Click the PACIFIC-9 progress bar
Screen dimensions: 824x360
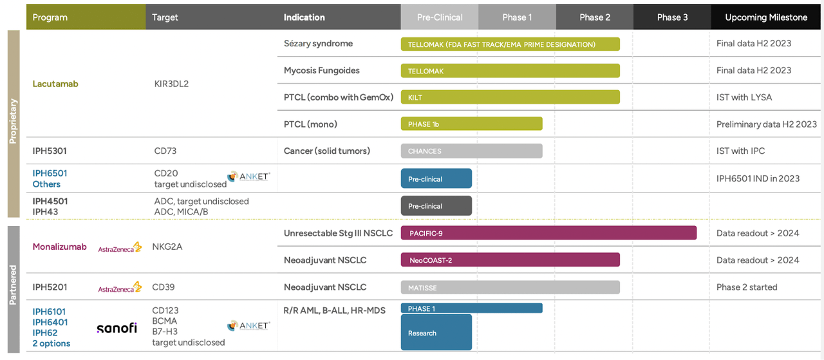[x=548, y=233]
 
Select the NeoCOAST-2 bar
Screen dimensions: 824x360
[x=510, y=260]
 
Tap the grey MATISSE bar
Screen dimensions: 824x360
[x=510, y=287]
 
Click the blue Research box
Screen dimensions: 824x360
[x=436, y=332]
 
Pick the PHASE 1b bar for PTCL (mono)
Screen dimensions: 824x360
[x=472, y=124]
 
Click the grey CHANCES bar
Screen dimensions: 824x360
[x=472, y=151]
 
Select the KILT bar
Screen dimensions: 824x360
[x=510, y=97]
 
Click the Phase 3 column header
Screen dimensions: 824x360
[x=672, y=17]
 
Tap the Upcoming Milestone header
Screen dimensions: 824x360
[x=766, y=17]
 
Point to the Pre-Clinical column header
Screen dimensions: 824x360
[x=440, y=17]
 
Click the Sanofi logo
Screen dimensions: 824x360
[x=117, y=328]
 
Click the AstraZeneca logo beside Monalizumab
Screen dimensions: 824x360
[x=120, y=247]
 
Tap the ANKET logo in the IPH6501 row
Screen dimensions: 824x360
[x=248, y=176]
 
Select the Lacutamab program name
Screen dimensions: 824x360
[x=55, y=84]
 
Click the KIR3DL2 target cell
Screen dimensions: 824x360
[x=171, y=84]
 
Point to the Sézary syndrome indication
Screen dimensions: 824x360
[x=318, y=43]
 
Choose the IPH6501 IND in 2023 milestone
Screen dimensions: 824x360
[x=758, y=178]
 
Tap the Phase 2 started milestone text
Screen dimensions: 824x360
[x=747, y=287]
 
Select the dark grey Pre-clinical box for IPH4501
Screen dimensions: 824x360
[x=436, y=206]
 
